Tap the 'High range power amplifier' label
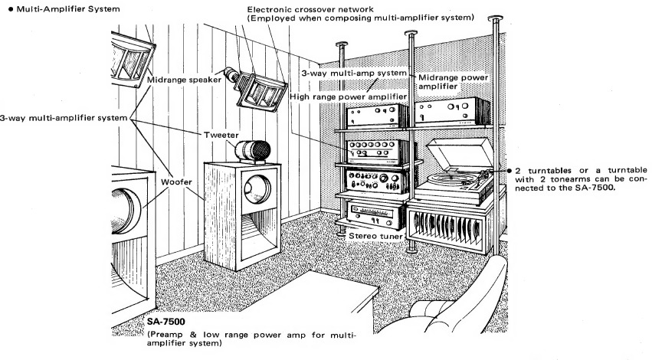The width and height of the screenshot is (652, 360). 346,97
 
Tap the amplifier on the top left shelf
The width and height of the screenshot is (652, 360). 374,116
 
